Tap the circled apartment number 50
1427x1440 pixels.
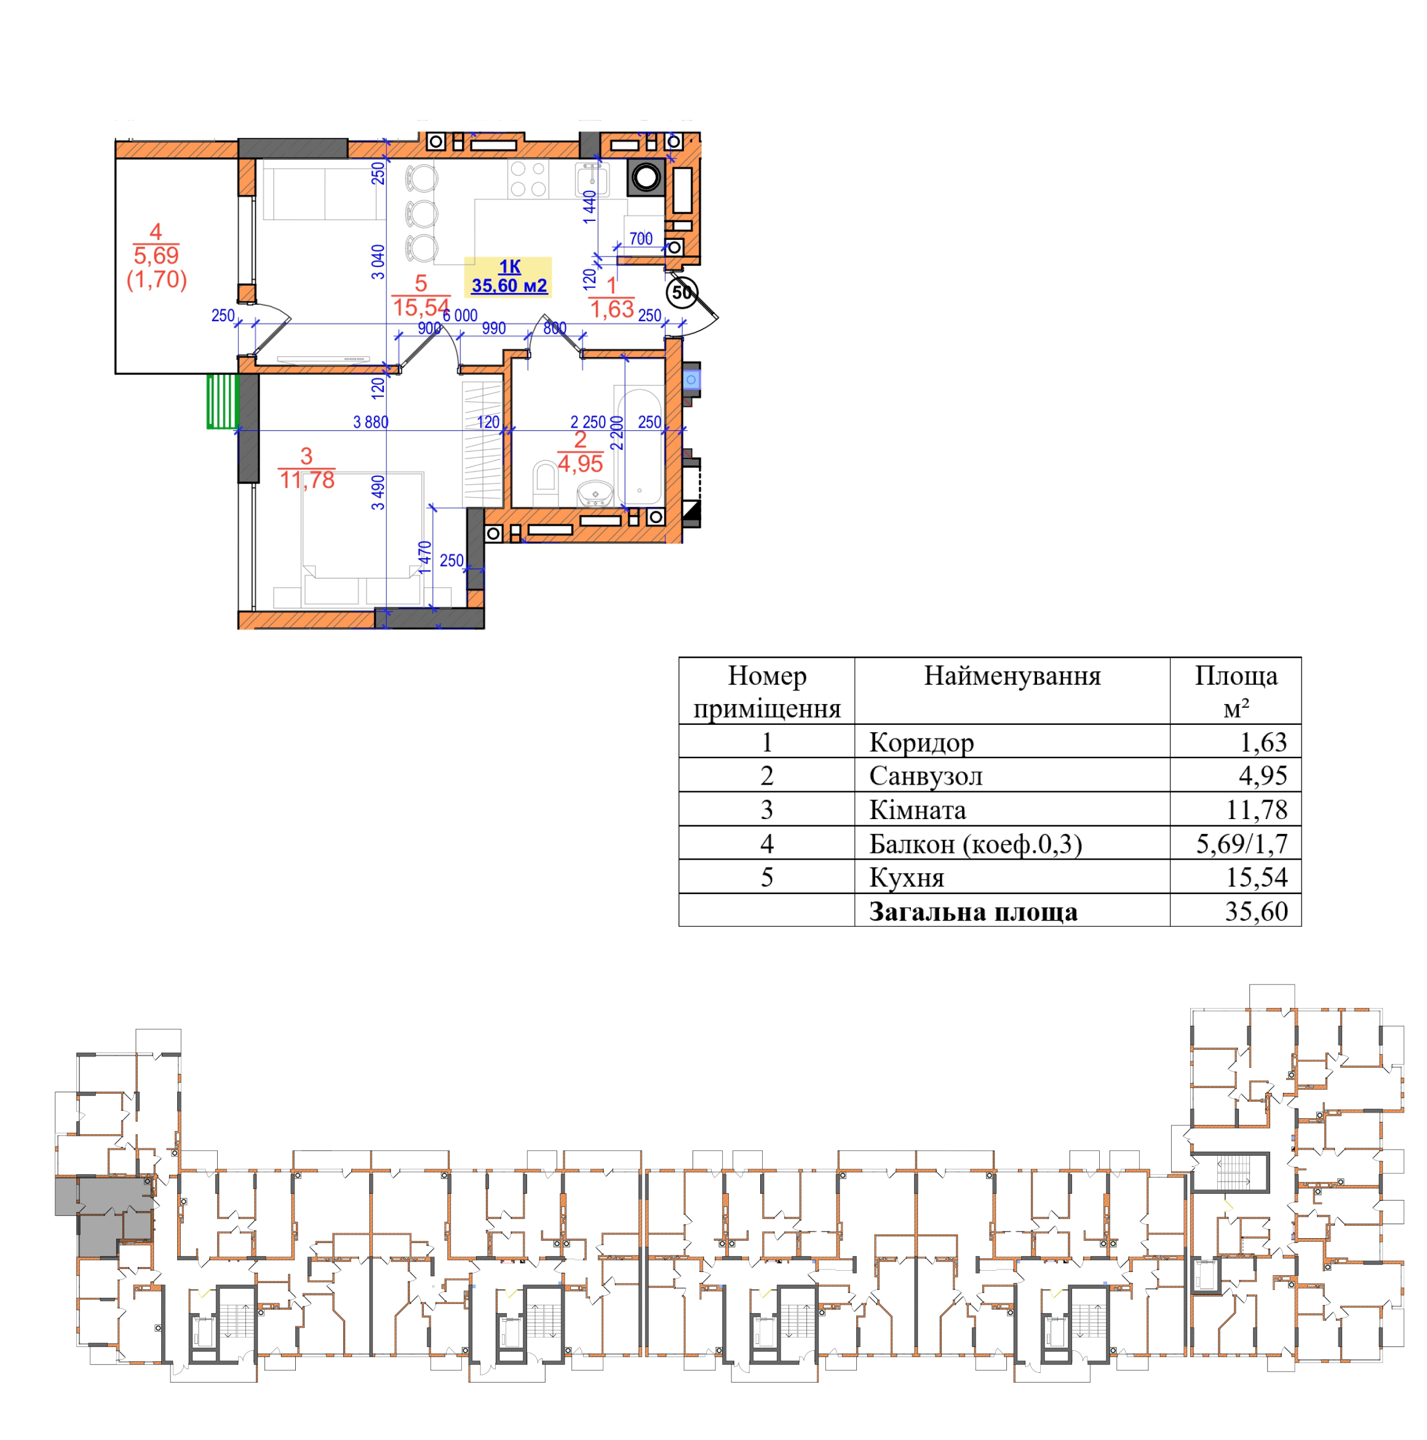click(x=681, y=292)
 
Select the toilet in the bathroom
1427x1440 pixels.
click(x=546, y=483)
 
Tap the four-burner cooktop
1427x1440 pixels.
click(x=528, y=179)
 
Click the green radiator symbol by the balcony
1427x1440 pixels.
click(x=222, y=401)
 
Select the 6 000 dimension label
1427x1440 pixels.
click(x=459, y=315)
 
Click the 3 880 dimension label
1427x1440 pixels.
click(x=370, y=422)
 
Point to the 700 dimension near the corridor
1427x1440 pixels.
click(x=641, y=239)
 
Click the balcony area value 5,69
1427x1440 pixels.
click(x=156, y=255)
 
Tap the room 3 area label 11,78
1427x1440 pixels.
click(x=307, y=480)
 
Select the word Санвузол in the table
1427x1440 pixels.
click(x=926, y=776)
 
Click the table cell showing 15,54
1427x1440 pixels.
click(x=1257, y=878)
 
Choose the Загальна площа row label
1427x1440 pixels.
click(x=973, y=911)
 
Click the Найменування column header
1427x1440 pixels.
click(x=1012, y=676)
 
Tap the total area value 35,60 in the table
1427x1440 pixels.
click(x=1257, y=911)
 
